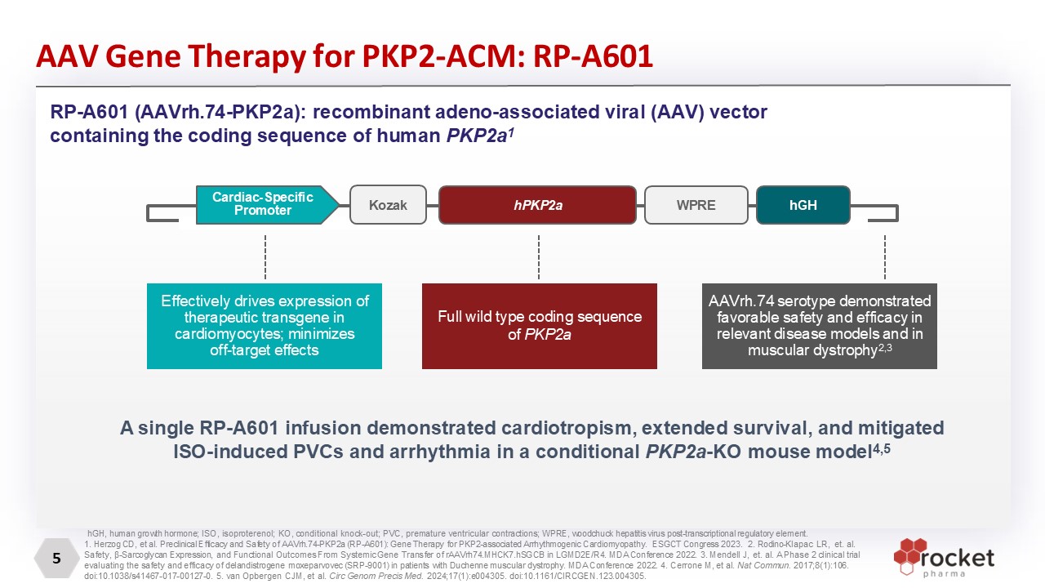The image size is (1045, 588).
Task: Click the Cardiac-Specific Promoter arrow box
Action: pos(267,204)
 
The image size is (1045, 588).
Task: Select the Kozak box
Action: pos(388,204)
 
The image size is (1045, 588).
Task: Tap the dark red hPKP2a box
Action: pos(537,204)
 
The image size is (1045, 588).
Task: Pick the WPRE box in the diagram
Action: pos(696,204)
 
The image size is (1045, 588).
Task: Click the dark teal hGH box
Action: pos(803,204)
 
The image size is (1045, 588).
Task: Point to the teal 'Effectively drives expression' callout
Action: pos(265,326)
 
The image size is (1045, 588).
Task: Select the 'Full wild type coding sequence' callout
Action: pos(540,326)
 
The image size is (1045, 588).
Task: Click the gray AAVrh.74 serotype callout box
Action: pos(819,326)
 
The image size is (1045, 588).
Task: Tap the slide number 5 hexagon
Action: pos(56,558)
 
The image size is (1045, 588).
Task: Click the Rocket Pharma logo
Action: pos(943,557)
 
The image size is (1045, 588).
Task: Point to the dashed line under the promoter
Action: pos(265,257)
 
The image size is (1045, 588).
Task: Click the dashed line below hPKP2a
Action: pos(539,257)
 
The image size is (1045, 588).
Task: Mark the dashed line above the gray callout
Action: pos(885,257)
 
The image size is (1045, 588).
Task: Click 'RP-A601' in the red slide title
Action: pos(593,56)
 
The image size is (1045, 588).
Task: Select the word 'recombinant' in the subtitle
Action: pos(371,112)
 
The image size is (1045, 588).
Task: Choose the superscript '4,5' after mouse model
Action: pos(882,448)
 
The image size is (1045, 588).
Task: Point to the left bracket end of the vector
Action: pos(162,213)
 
